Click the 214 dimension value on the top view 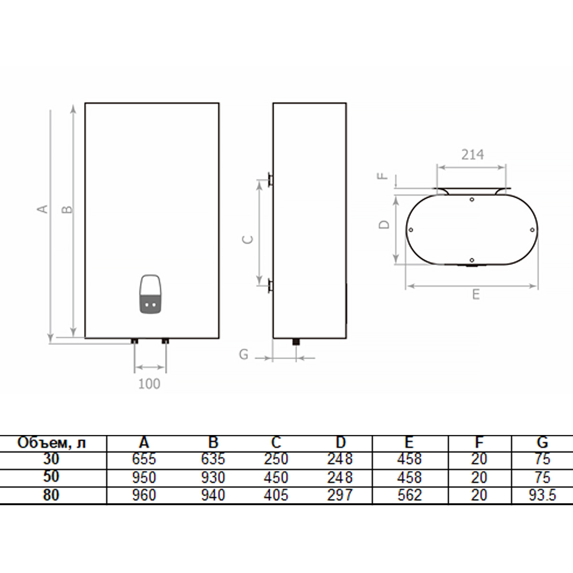[x=472, y=154]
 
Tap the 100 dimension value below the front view [x=149, y=383]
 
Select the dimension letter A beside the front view [x=43, y=209]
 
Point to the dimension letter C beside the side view [x=248, y=239]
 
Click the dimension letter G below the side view [x=244, y=354]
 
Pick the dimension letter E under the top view [x=476, y=295]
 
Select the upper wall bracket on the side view [x=270, y=180]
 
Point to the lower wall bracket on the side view [x=270, y=286]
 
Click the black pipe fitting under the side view [x=296, y=341]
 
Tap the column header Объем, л [x=52, y=443]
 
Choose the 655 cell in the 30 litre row [x=144, y=459]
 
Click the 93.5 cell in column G [x=542, y=495]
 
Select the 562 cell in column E [x=409, y=495]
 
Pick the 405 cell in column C [x=276, y=495]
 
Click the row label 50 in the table [x=51, y=477]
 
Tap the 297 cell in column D [x=340, y=495]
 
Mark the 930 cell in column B [x=212, y=477]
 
